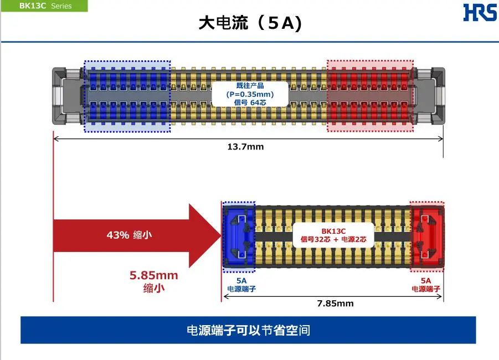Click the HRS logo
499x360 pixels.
pyautogui.click(x=480, y=12)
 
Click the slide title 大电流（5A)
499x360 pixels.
pyautogui.click(x=250, y=24)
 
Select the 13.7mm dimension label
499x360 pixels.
pyautogui.click(x=246, y=147)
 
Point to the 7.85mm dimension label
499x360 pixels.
pyautogui.click(x=335, y=304)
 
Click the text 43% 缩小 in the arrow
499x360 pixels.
pyautogui.click(x=129, y=235)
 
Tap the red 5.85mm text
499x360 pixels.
pyautogui.click(x=154, y=275)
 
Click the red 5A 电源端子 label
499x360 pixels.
pyautogui.click(x=426, y=285)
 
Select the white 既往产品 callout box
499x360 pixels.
pyautogui.click(x=250, y=94)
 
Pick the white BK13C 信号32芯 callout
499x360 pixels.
pyautogui.click(x=333, y=235)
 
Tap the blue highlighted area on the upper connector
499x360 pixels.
pyautogui.click(x=127, y=96)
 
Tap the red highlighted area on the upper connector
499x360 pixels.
pyautogui.click(x=369, y=96)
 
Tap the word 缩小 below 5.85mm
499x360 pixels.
pyautogui.click(x=154, y=289)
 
